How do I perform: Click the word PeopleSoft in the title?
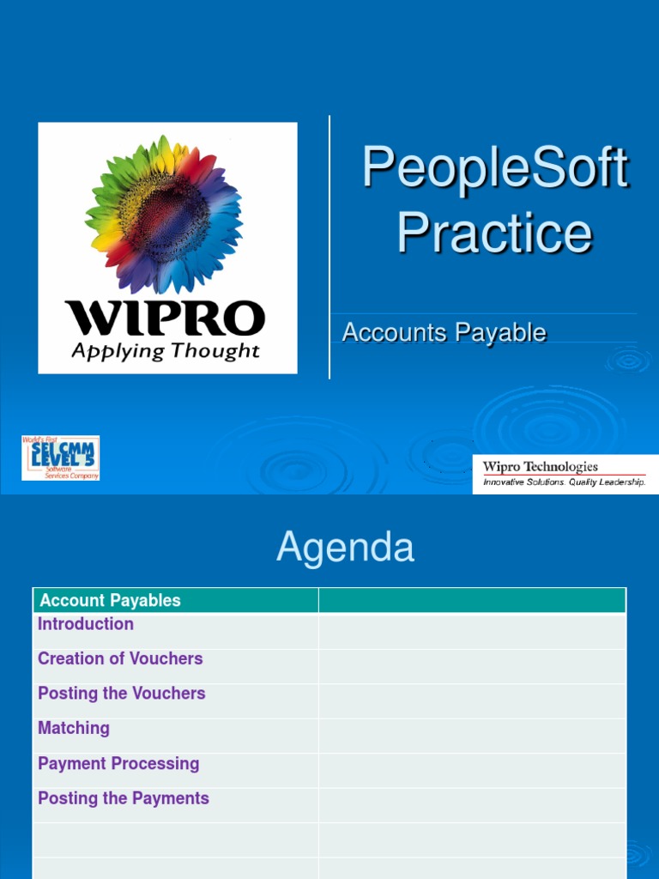pyautogui.click(x=495, y=168)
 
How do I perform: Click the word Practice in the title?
pyautogui.click(x=494, y=233)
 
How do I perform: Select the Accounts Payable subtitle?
pyautogui.click(x=444, y=332)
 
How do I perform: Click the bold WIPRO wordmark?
pyautogui.click(x=165, y=318)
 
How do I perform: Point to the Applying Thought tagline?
pyautogui.click(x=165, y=351)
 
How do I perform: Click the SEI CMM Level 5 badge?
pyautogui.click(x=60, y=458)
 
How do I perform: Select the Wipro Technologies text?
pyautogui.click(x=540, y=467)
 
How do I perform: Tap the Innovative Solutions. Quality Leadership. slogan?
pyautogui.click(x=564, y=482)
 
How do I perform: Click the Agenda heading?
pyautogui.click(x=345, y=548)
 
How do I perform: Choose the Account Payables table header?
pyautogui.click(x=110, y=601)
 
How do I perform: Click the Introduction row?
pyautogui.click(x=86, y=624)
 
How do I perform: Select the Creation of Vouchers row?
pyautogui.click(x=120, y=658)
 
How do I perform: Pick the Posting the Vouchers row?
pyautogui.click(x=122, y=693)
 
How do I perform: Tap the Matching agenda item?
pyautogui.click(x=74, y=728)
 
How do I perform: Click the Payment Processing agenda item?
pyautogui.click(x=118, y=763)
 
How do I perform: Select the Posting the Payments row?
pyautogui.click(x=124, y=798)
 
